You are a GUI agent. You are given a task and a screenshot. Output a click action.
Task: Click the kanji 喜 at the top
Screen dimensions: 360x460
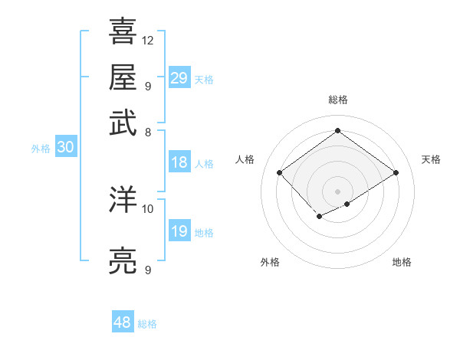tap(123, 31)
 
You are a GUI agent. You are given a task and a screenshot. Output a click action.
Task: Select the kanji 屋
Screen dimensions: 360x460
tap(123, 77)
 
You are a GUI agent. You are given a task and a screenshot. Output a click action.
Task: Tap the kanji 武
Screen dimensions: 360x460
tap(123, 123)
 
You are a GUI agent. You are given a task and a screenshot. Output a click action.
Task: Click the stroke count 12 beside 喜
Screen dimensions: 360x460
tap(148, 40)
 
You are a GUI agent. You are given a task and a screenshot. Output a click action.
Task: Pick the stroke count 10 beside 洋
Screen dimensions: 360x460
tap(148, 208)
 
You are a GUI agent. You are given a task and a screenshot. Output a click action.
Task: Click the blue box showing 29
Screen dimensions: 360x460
tap(179, 78)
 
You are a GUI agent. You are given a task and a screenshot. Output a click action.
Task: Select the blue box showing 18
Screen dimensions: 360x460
tap(179, 162)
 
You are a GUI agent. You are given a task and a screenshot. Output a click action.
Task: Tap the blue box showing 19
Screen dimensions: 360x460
tap(179, 231)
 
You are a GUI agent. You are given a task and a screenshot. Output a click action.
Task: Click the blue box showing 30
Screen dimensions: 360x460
tap(65, 148)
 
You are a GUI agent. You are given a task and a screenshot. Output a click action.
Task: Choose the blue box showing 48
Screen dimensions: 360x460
tap(123, 322)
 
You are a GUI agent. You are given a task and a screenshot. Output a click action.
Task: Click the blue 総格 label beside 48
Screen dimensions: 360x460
tap(147, 324)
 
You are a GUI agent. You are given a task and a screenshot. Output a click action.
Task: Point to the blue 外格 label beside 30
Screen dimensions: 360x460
tap(41, 149)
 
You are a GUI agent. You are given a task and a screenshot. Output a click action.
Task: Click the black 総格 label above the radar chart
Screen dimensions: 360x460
tap(337, 100)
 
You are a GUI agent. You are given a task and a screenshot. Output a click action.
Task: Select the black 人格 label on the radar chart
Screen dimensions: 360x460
tap(245, 159)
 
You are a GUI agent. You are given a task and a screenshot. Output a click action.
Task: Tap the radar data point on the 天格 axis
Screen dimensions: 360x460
tap(396, 173)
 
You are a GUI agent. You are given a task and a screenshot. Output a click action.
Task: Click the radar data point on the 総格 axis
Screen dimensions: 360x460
tap(337, 130)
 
